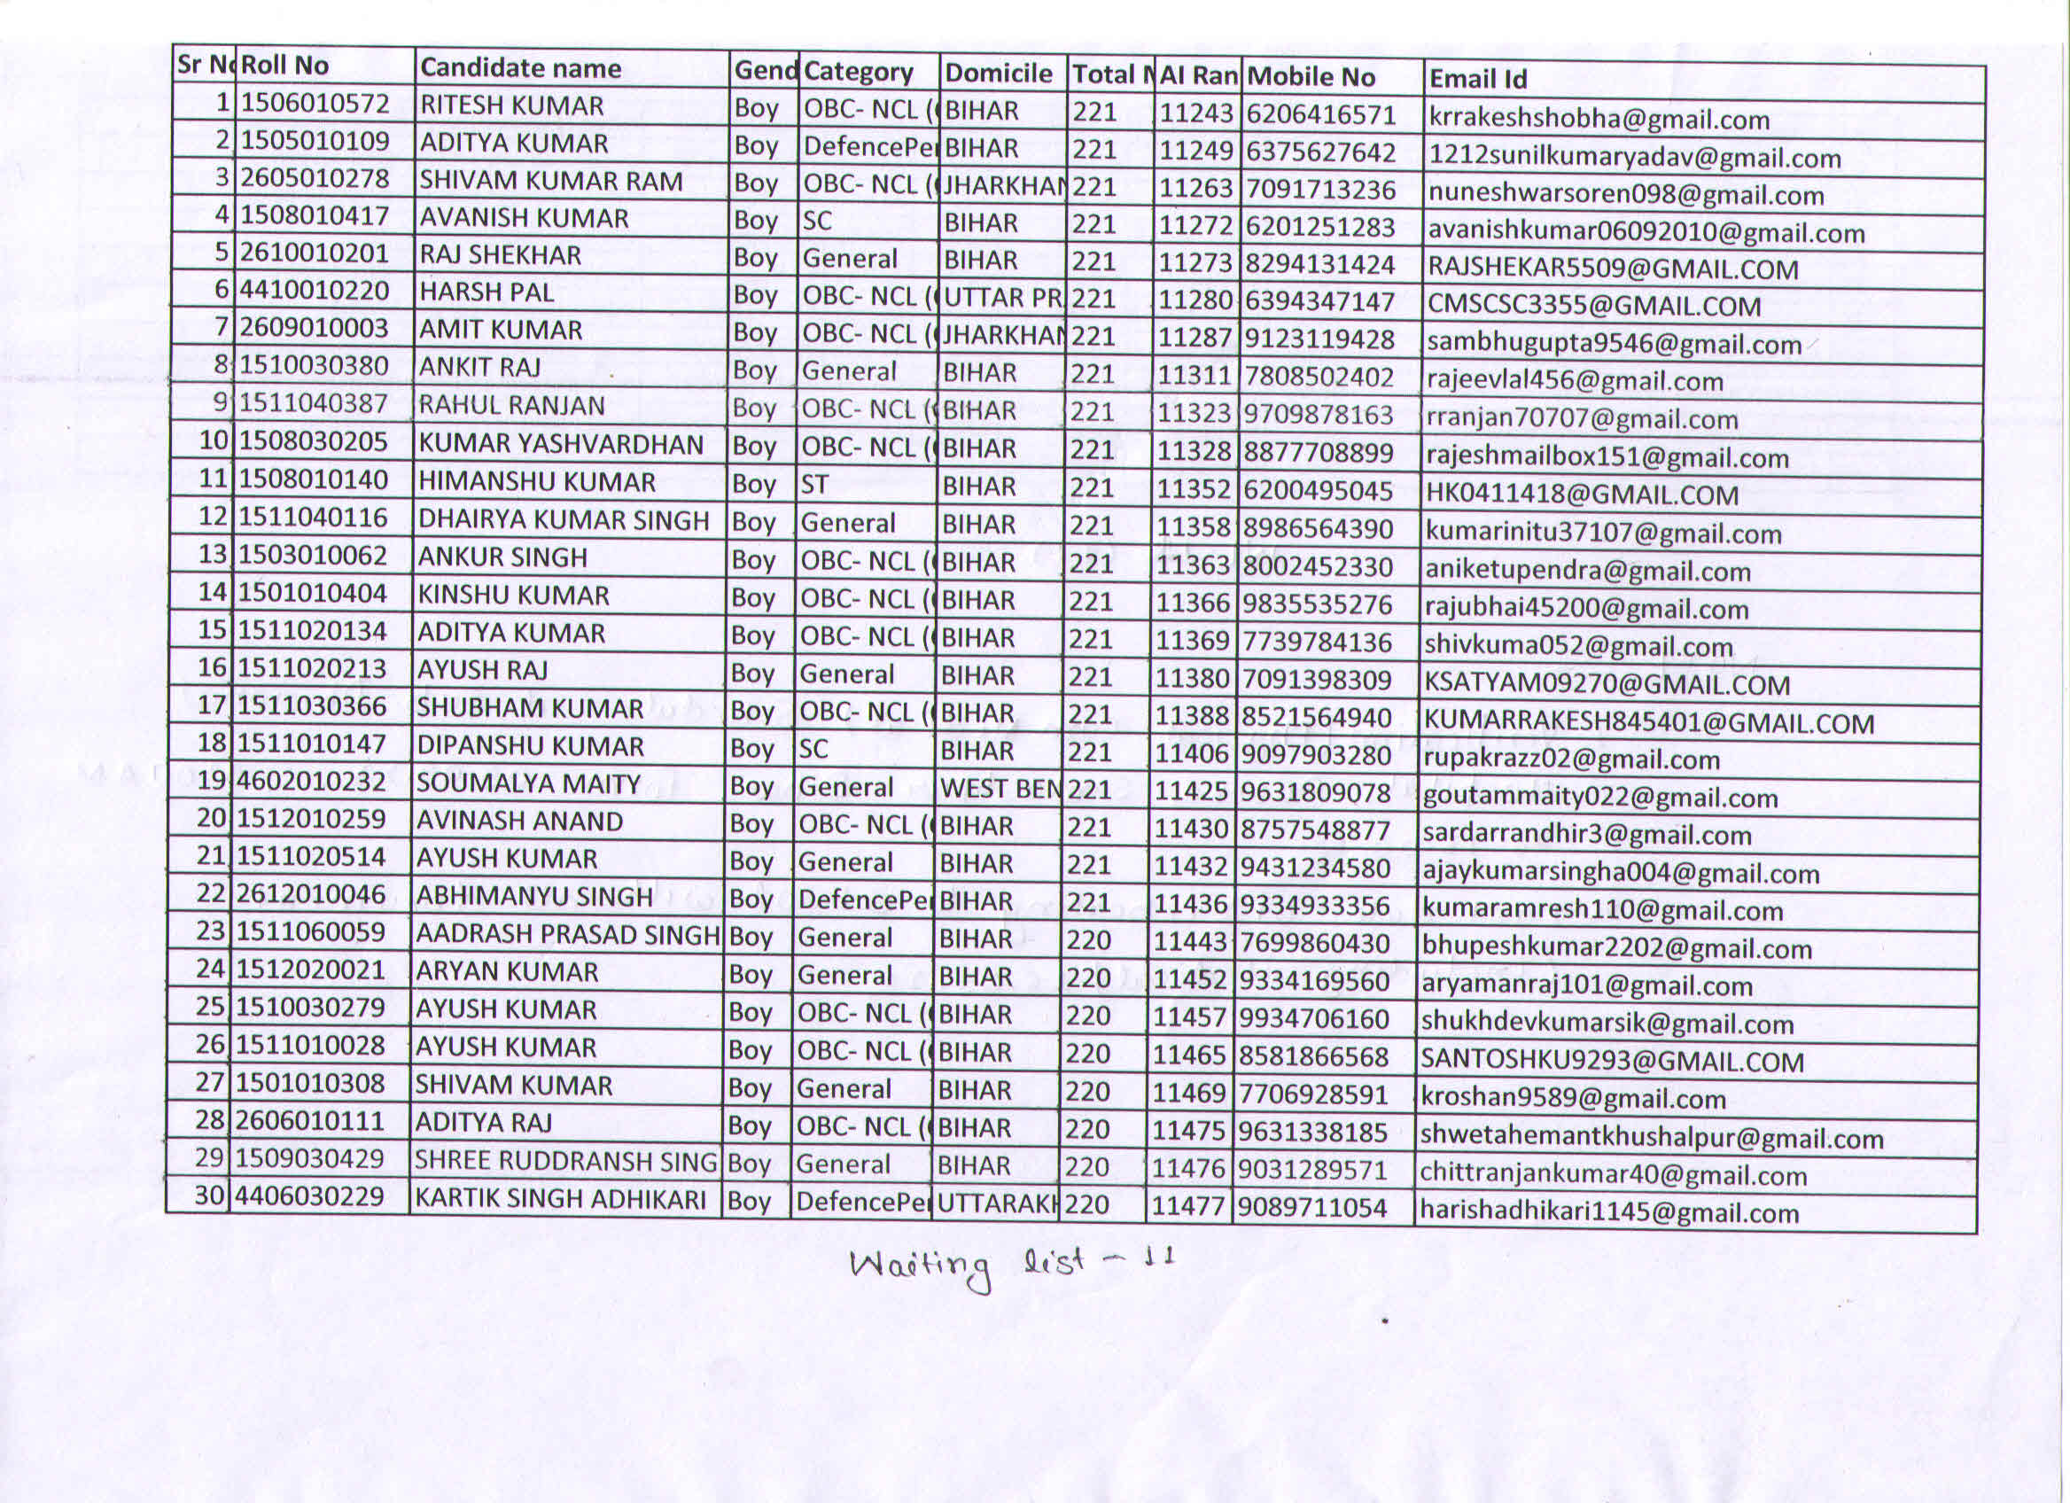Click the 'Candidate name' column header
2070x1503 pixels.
coord(520,67)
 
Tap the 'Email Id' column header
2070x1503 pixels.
coord(1478,80)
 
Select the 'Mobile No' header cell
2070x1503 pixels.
coord(1311,76)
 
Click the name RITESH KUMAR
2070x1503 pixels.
coord(511,105)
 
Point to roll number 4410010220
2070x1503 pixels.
coord(315,291)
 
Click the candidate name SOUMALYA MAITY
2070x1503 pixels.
coord(528,784)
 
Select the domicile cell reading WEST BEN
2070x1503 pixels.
coord(1000,789)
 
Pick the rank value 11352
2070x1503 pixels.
coord(1195,490)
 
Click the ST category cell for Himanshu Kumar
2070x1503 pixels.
coord(814,485)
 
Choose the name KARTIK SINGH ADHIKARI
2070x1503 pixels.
coord(560,1199)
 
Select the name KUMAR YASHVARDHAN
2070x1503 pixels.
coord(560,444)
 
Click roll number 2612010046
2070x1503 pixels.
coord(311,894)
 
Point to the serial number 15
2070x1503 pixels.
coord(212,630)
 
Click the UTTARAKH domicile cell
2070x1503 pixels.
coord(997,1203)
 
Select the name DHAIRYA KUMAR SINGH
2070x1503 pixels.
coord(563,520)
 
